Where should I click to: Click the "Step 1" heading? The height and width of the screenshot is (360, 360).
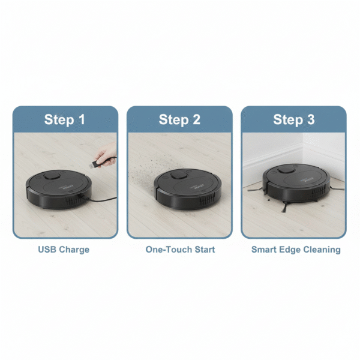65,119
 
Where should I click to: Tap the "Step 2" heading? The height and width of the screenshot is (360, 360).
179,119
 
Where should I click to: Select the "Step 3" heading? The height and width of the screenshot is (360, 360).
294,119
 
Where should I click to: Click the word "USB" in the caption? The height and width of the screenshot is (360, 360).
47,250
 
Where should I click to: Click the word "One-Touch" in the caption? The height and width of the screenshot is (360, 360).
166,250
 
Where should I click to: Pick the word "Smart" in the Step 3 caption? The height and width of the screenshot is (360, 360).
264,250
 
